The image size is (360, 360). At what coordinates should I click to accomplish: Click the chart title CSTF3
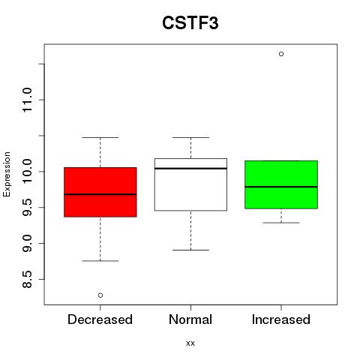(x=190, y=22)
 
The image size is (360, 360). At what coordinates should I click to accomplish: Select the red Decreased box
(x=100, y=192)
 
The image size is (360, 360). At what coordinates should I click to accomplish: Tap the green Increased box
(x=281, y=184)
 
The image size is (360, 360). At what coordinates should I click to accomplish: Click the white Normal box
(x=190, y=184)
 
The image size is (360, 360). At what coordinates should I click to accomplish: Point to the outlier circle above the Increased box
(x=281, y=54)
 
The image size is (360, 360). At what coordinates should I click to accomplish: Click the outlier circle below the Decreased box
(x=100, y=295)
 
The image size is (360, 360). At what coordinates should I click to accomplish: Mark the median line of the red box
(x=100, y=194)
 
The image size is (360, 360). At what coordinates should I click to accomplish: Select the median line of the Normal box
(x=190, y=169)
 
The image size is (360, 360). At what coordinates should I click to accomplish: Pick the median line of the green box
(x=281, y=187)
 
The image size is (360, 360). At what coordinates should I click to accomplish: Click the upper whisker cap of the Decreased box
(x=100, y=137)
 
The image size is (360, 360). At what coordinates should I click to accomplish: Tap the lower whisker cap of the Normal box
(x=190, y=250)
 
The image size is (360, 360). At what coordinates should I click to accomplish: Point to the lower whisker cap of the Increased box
(x=281, y=223)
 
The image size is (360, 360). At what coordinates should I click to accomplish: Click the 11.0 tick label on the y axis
(x=27, y=100)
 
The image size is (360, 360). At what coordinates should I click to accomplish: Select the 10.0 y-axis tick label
(x=27, y=172)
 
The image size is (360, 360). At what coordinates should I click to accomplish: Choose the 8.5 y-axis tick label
(x=27, y=279)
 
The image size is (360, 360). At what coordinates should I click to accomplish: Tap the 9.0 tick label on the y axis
(x=27, y=243)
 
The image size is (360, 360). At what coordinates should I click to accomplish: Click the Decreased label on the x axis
(x=100, y=319)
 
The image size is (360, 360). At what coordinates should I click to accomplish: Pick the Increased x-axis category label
(x=281, y=319)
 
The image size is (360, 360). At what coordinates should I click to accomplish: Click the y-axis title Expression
(x=7, y=174)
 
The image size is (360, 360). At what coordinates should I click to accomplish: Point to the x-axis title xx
(x=190, y=343)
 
